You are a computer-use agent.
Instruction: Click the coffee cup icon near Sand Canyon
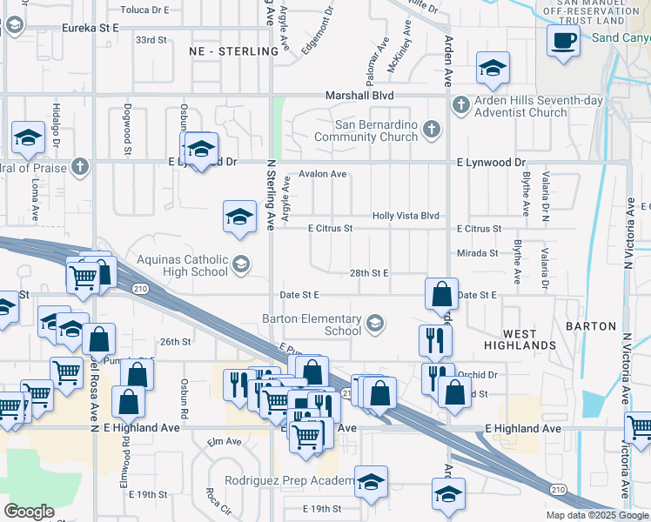(x=563, y=40)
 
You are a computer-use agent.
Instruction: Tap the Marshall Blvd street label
(x=359, y=96)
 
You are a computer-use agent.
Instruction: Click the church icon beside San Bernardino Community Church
(x=429, y=130)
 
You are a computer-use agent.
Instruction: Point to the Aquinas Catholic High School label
(x=182, y=265)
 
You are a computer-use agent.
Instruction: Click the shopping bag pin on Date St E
(x=442, y=295)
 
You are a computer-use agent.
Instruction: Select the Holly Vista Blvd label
(x=406, y=216)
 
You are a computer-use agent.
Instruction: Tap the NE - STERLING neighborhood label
(x=233, y=51)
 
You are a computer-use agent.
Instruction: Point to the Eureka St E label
(x=90, y=28)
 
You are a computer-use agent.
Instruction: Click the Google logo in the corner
(x=30, y=512)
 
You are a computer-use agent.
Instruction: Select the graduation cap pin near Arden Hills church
(x=493, y=69)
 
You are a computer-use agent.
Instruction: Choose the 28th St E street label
(x=369, y=272)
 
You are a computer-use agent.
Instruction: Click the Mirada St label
(x=478, y=253)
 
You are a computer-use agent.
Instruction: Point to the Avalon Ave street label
(x=323, y=174)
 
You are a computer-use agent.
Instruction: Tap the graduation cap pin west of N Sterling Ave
(x=239, y=218)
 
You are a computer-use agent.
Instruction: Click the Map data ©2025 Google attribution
(x=596, y=515)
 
